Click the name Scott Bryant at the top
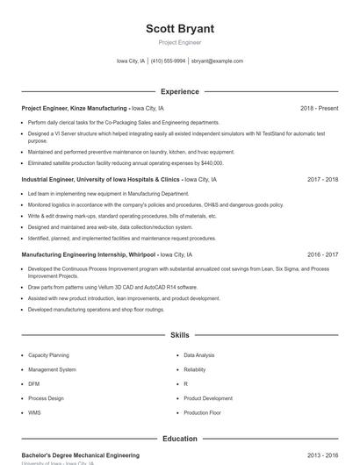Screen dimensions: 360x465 (x=179, y=29)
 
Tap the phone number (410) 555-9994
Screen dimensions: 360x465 (x=168, y=61)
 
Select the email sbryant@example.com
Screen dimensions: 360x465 (x=217, y=61)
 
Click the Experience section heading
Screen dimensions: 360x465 (x=179, y=91)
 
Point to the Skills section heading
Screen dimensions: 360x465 (x=179, y=335)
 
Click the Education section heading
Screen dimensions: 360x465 (x=179, y=439)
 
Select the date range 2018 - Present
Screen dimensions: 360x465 (x=319, y=108)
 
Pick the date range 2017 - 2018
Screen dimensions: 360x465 (x=322, y=179)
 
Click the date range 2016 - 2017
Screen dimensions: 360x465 (x=322, y=254)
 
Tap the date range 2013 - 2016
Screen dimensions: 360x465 (x=322, y=456)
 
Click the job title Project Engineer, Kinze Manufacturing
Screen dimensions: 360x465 (x=75, y=108)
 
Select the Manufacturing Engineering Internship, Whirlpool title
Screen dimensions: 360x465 (x=89, y=254)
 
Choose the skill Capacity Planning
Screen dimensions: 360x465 (x=48, y=355)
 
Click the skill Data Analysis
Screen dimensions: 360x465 (x=198, y=355)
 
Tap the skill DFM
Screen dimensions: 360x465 (x=34, y=383)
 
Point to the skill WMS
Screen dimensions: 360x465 (x=34, y=412)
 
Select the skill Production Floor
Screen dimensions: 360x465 (x=202, y=412)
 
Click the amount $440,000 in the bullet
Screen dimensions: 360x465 (x=211, y=162)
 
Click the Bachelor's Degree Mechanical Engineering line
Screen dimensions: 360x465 (x=80, y=456)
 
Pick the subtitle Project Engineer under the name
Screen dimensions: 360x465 (x=179, y=42)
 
